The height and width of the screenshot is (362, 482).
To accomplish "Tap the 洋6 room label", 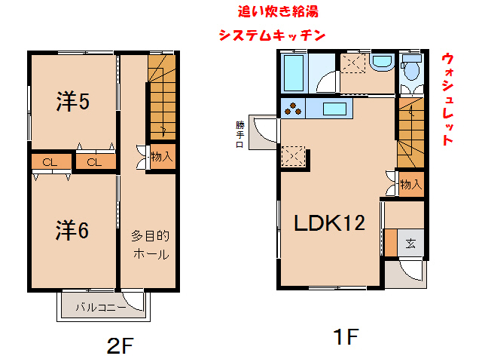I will (x=72, y=231).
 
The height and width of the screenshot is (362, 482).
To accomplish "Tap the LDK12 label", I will (x=329, y=223).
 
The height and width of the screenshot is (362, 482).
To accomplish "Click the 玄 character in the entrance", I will (x=411, y=243).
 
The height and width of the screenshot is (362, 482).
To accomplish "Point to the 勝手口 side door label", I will (x=239, y=134).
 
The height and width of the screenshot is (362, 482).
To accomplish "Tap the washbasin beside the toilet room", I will (x=382, y=63).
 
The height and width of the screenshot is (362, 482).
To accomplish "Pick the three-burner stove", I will (x=292, y=109).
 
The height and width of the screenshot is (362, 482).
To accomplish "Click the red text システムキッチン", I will (x=272, y=35).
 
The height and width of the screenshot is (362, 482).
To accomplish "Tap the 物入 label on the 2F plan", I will (x=161, y=158).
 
